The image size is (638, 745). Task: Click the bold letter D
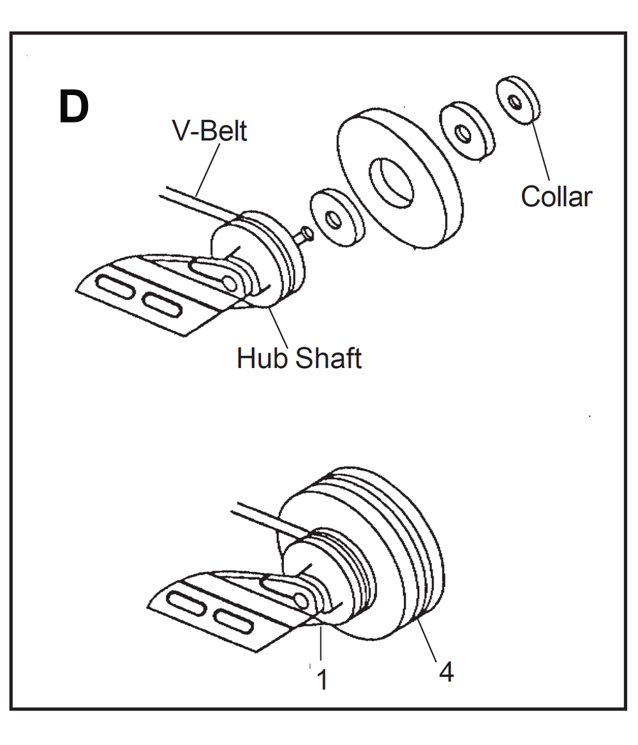[x=74, y=107]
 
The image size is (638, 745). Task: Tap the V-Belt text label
[x=209, y=131]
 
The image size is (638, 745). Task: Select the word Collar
[x=556, y=196]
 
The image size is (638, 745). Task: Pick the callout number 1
[x=323, y=680]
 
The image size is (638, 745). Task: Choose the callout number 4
[x=446, y=672]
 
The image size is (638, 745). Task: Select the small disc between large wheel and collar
[x=466, y=131]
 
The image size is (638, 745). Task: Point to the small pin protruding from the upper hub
[x=304, y=235]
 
